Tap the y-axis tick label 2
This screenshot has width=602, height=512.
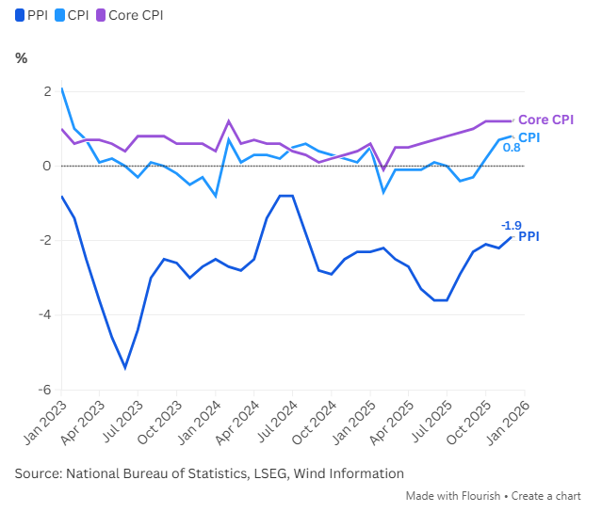46,91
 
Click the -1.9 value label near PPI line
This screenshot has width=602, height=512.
511,225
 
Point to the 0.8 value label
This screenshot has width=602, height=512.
512,148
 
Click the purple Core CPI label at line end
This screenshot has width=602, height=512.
546,120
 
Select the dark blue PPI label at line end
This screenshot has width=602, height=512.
529,236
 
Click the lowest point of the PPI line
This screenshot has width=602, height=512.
125,368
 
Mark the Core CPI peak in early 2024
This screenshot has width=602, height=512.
229,121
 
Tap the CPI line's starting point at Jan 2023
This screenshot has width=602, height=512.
61,88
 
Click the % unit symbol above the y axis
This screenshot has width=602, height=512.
22,58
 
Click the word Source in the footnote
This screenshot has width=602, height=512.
38,473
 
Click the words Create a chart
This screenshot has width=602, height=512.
548,496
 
